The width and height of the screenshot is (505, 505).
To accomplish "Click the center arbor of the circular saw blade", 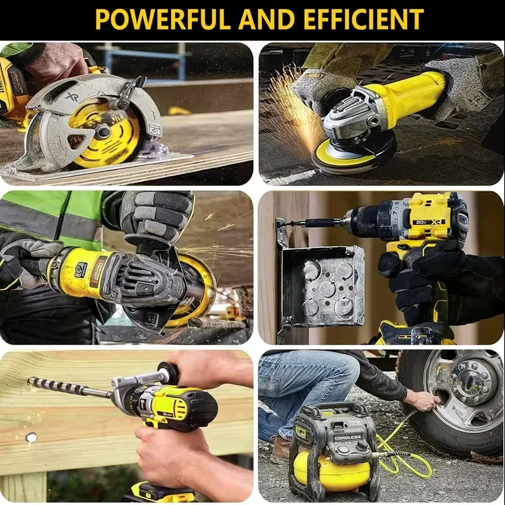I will pos(102,131).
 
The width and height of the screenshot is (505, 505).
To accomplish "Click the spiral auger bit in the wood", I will pos(69,387).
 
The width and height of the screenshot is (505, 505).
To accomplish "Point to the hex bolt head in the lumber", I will pos(30,437).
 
